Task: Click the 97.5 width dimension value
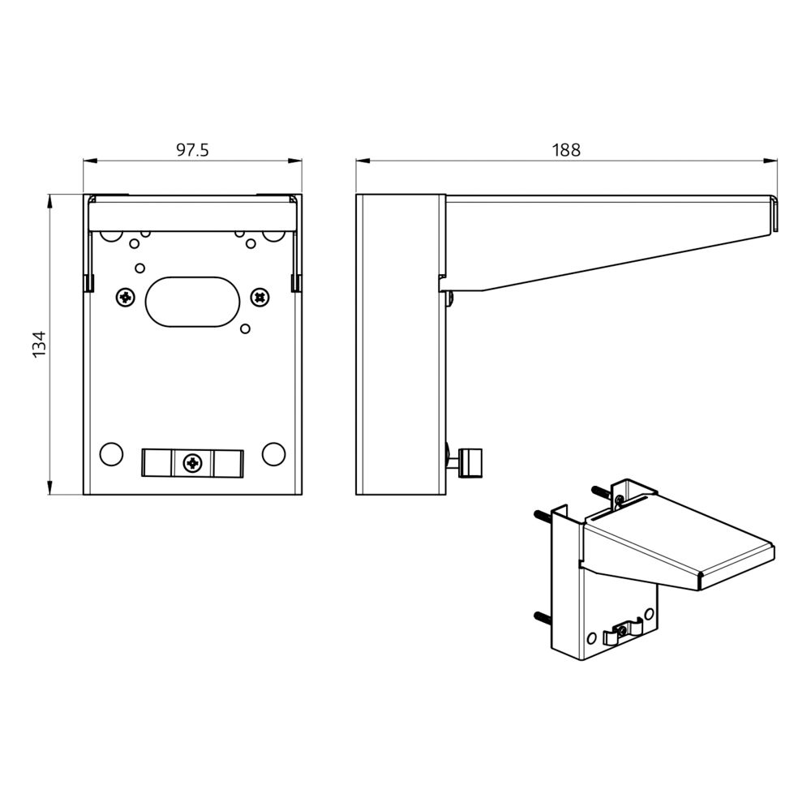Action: [192, 150]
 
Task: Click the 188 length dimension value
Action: [566, 150]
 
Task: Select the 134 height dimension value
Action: [40, 344]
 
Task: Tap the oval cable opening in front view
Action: [193, 302]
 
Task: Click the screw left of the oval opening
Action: [126, 298]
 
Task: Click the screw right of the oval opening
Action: [260, 298]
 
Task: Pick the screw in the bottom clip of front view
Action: [193, 462]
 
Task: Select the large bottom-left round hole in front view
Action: [110, 454]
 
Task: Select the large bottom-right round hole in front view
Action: [273, 454]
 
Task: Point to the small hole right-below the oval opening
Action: [246, 328]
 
